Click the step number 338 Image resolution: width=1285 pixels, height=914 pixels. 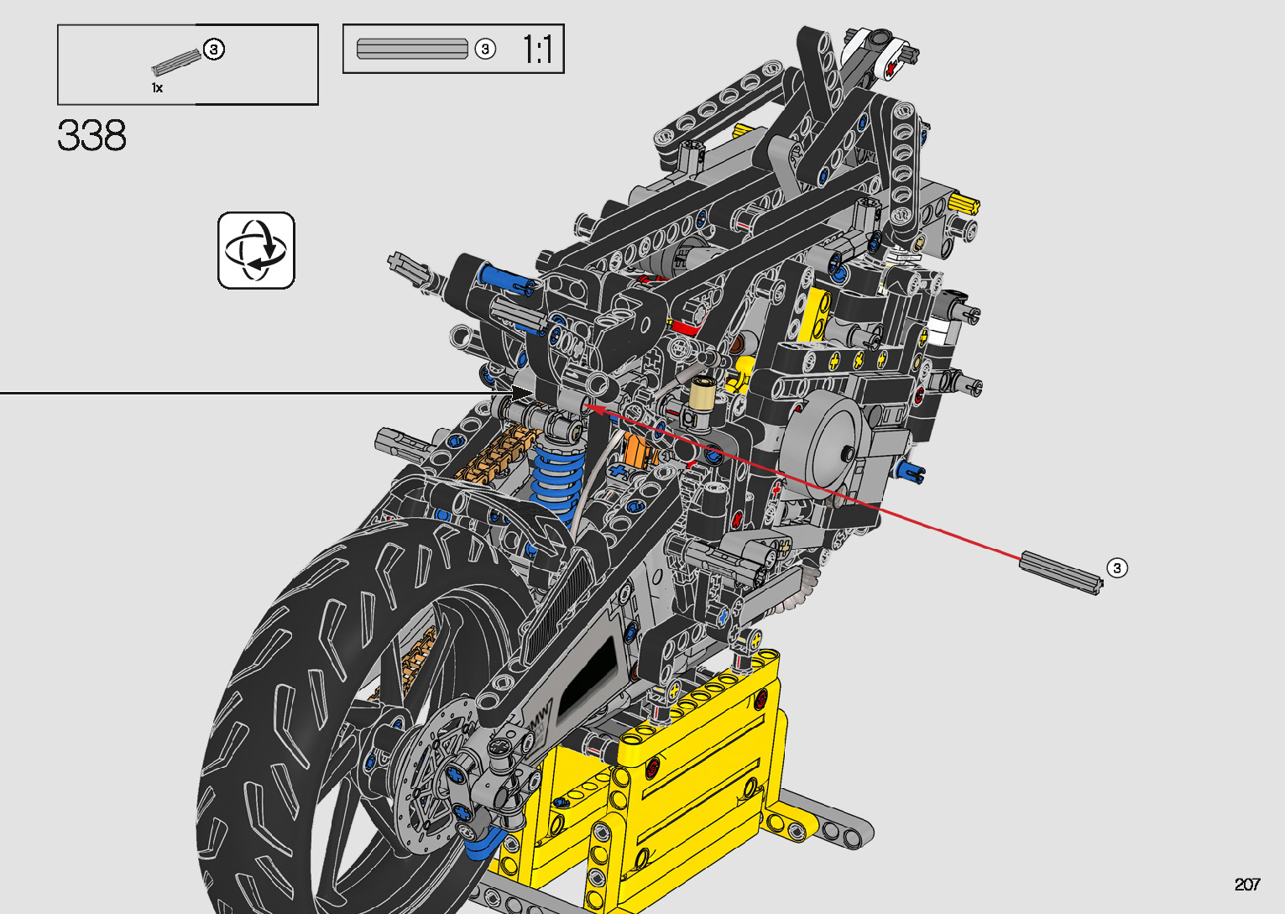[x=91, y=135]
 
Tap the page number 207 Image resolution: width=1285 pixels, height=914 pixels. [x=1247, y=884]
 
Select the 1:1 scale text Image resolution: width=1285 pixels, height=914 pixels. [x=537, y=49]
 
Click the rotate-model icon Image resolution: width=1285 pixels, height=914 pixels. [x=256, y=250]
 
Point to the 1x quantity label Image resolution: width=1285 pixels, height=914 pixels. [x=157, y=88]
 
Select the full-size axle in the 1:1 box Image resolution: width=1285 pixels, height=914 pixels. [x=412, y=49]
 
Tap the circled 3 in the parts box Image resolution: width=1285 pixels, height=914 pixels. [x=214, y=50]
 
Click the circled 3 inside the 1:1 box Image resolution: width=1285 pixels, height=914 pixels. [x=485, y=50]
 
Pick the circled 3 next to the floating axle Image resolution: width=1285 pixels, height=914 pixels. [x=1117, y=568]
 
